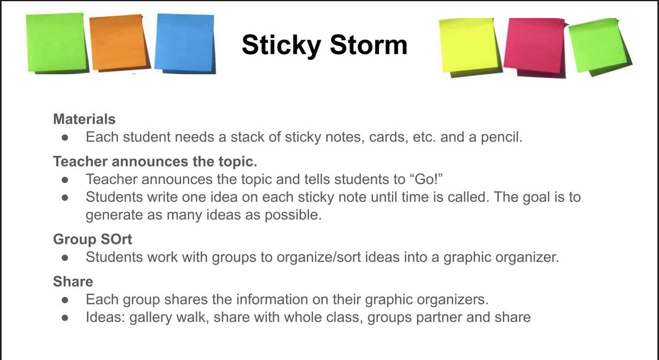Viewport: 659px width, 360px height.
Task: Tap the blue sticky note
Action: [184, 42]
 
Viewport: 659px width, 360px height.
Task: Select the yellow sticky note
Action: [468, 45]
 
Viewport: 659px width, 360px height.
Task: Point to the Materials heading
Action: [84, 119]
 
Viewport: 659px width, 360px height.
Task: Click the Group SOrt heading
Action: [93, 239]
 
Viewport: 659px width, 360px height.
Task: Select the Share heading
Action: [73, 282]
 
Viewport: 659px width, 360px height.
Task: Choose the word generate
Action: [112, 215]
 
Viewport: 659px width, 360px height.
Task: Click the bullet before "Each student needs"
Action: [65, 137]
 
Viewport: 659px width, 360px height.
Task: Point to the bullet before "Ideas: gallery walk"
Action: [65, 318]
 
